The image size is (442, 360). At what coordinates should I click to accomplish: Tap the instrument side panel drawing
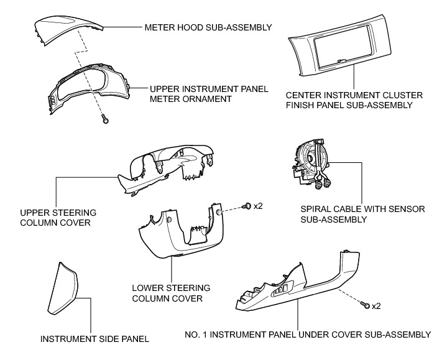pyautogui.click(x=65, y=287)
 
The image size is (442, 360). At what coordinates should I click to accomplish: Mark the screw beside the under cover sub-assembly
pyautogui.click(x=367, y=305)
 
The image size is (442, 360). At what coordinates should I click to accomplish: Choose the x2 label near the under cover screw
pyautogui.click(x=377, y=306)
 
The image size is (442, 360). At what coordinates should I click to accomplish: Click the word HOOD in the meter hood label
pyautogui.click(x=186, y=28)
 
